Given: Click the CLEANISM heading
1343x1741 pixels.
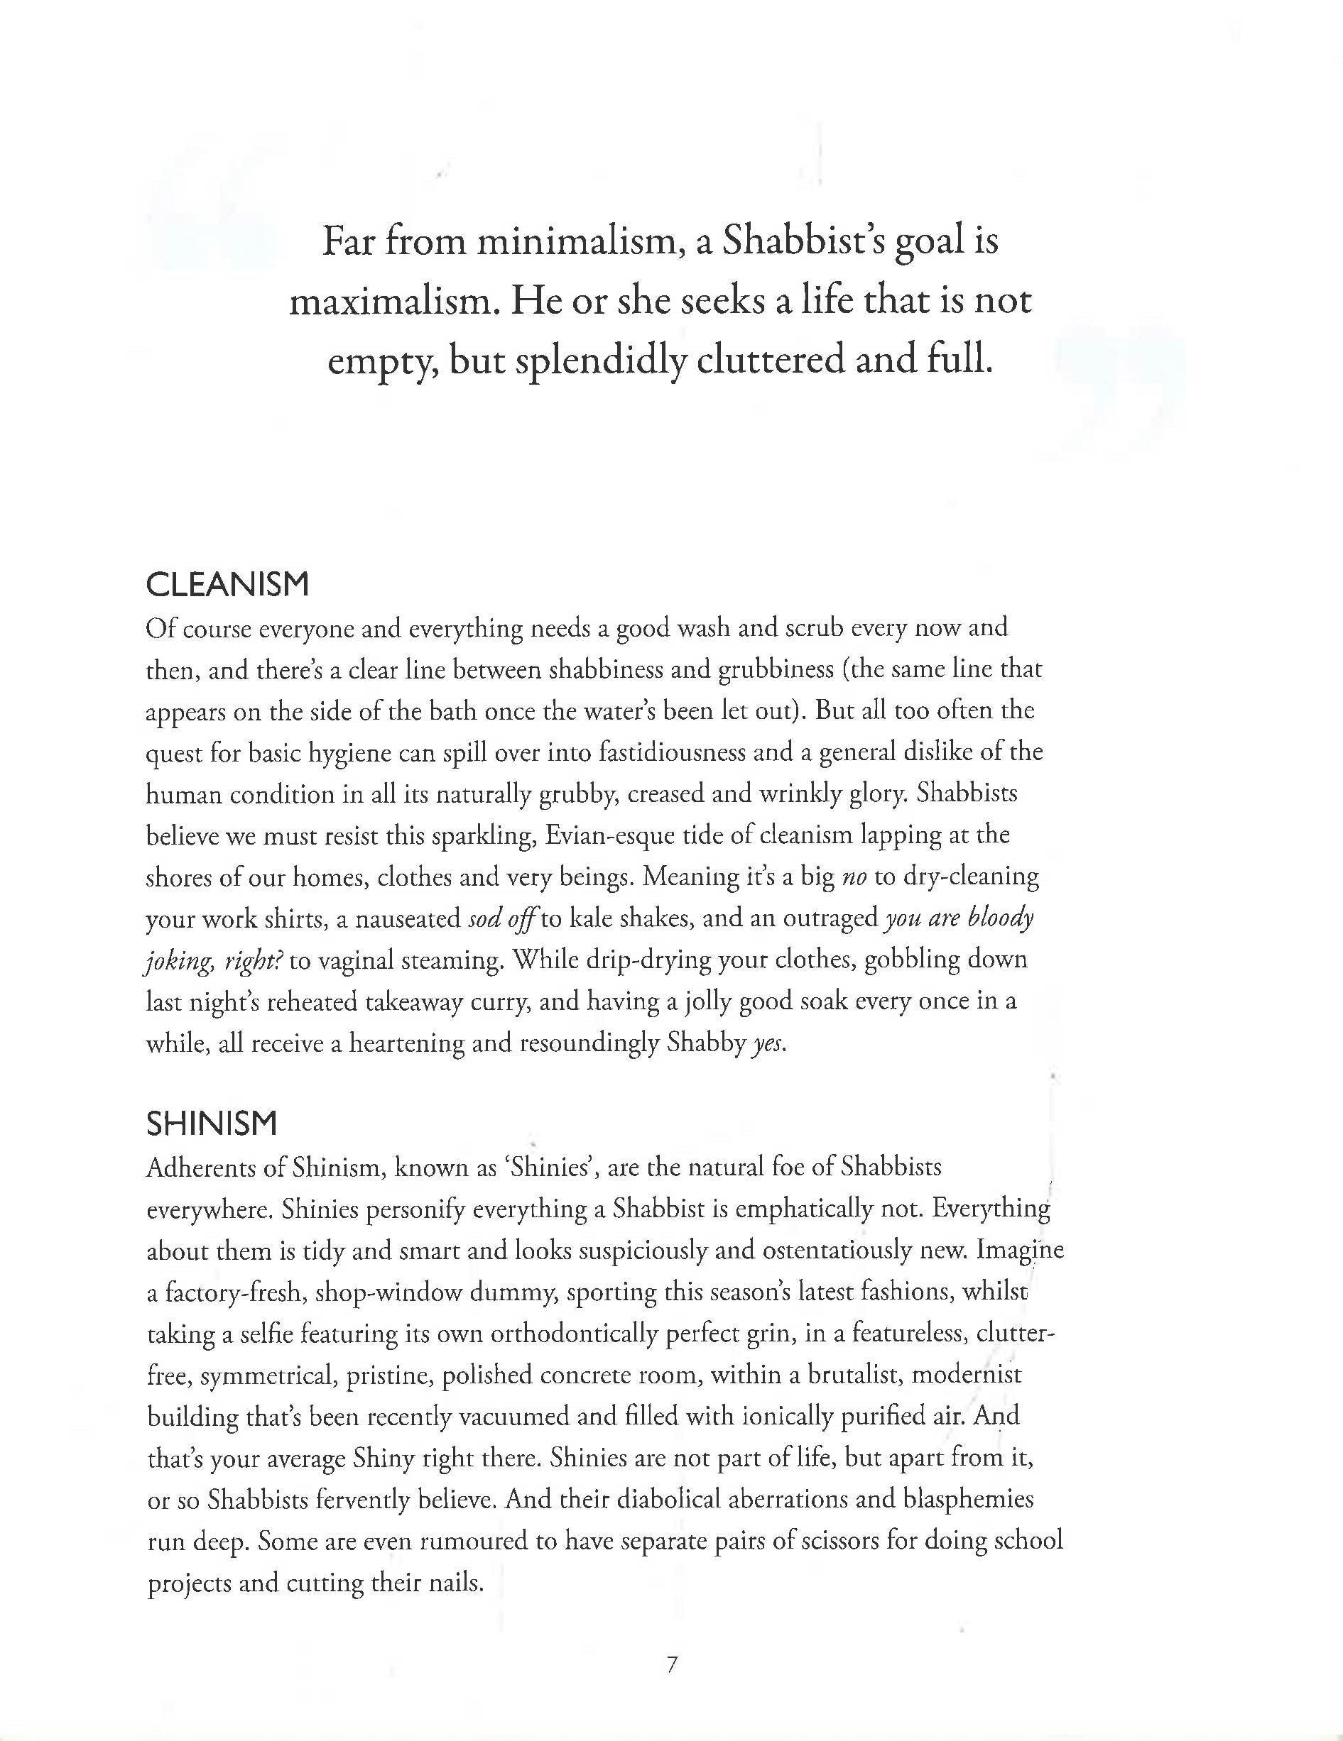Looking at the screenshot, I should click(227, 586).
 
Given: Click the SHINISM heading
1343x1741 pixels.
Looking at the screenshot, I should click(212, 1124).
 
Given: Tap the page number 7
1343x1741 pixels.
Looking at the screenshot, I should click(672, 1664).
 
